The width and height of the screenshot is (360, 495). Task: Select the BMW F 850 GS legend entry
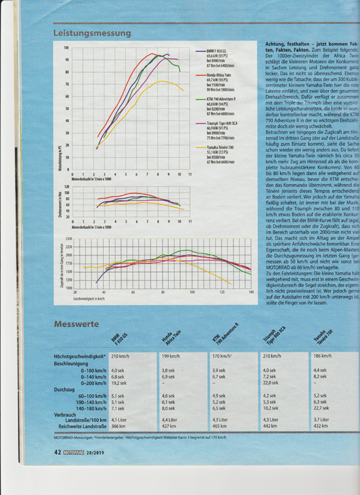pyautogui.click(x=214, y=51)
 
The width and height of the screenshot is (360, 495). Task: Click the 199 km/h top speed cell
pyautogui.click(x=171, y=356)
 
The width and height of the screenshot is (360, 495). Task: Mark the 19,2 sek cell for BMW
pyautogui.click(x=119, y=383)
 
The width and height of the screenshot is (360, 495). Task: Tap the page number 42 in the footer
pyautogui.click(x=57, y=452)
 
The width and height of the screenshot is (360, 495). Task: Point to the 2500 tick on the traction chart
pyautogui.click(x=69, y=239)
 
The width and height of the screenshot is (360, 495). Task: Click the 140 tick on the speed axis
pyautogui.click(x=251, y=291)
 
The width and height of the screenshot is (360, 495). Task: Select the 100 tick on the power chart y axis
pyautogui.click(x=67, y=47)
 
